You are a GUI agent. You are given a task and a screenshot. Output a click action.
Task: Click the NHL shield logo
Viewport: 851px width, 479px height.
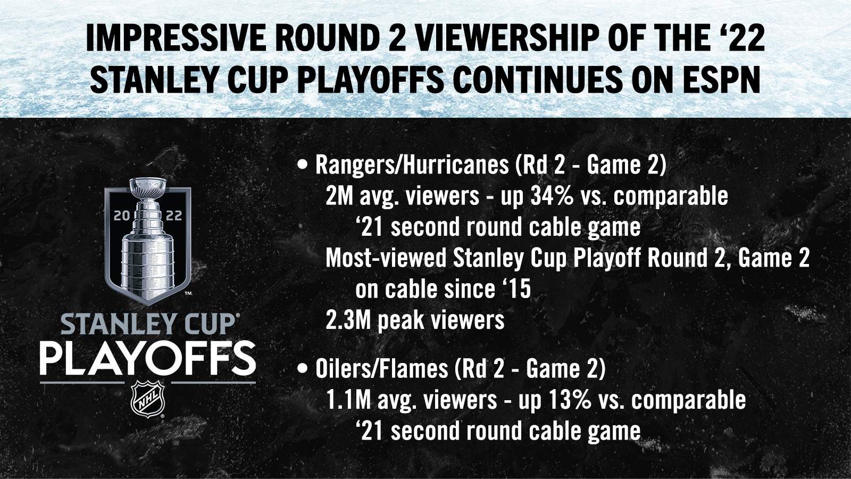[x=147, y=399]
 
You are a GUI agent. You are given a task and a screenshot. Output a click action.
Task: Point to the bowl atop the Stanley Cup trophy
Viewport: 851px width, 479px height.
[x=147, y=187]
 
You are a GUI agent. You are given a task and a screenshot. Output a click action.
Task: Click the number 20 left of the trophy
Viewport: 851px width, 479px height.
[x=122, y=216]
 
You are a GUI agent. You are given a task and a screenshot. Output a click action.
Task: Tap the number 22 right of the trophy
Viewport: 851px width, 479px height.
[x=174, y=216]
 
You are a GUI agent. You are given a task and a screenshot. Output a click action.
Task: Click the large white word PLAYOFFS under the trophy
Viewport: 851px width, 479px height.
[x=147, y=359]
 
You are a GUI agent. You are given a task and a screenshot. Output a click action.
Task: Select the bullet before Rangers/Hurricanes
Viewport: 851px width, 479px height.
[x=303, y=165]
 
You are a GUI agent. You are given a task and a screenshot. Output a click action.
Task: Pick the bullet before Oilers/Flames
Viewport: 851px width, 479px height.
[x=303, y=369]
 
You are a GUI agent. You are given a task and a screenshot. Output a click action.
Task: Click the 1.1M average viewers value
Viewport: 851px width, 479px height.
[x=348, y=400]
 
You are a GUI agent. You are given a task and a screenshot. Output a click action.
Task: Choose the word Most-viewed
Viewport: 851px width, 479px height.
[x=386, y=258]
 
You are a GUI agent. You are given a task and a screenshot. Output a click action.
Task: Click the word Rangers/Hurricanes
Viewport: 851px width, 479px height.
[x=412, y=165]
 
